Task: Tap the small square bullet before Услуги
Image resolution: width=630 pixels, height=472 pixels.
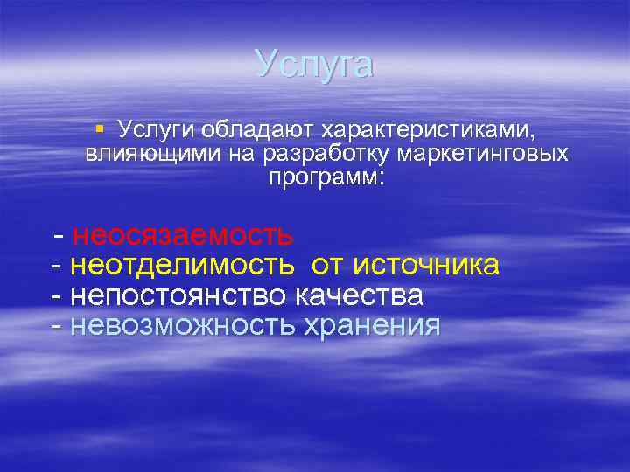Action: coord(100,129)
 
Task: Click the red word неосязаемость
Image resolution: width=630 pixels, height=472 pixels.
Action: coord(182,235)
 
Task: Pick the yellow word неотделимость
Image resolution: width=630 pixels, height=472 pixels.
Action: coord(182,265)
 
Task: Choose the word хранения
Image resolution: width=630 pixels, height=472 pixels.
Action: coord(371,326)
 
